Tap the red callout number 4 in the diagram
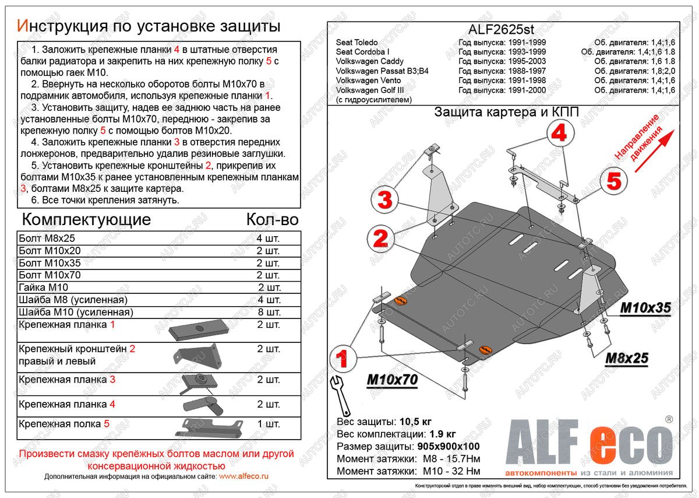558,134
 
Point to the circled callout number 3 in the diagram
385,200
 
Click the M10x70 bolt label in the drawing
392,380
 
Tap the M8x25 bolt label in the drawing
626,358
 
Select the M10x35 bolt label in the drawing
645,308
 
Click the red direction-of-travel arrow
653,151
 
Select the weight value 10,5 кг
415,421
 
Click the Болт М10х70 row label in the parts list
50,275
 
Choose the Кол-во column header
272,219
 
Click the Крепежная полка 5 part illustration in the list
209,427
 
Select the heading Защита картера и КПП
506,113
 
